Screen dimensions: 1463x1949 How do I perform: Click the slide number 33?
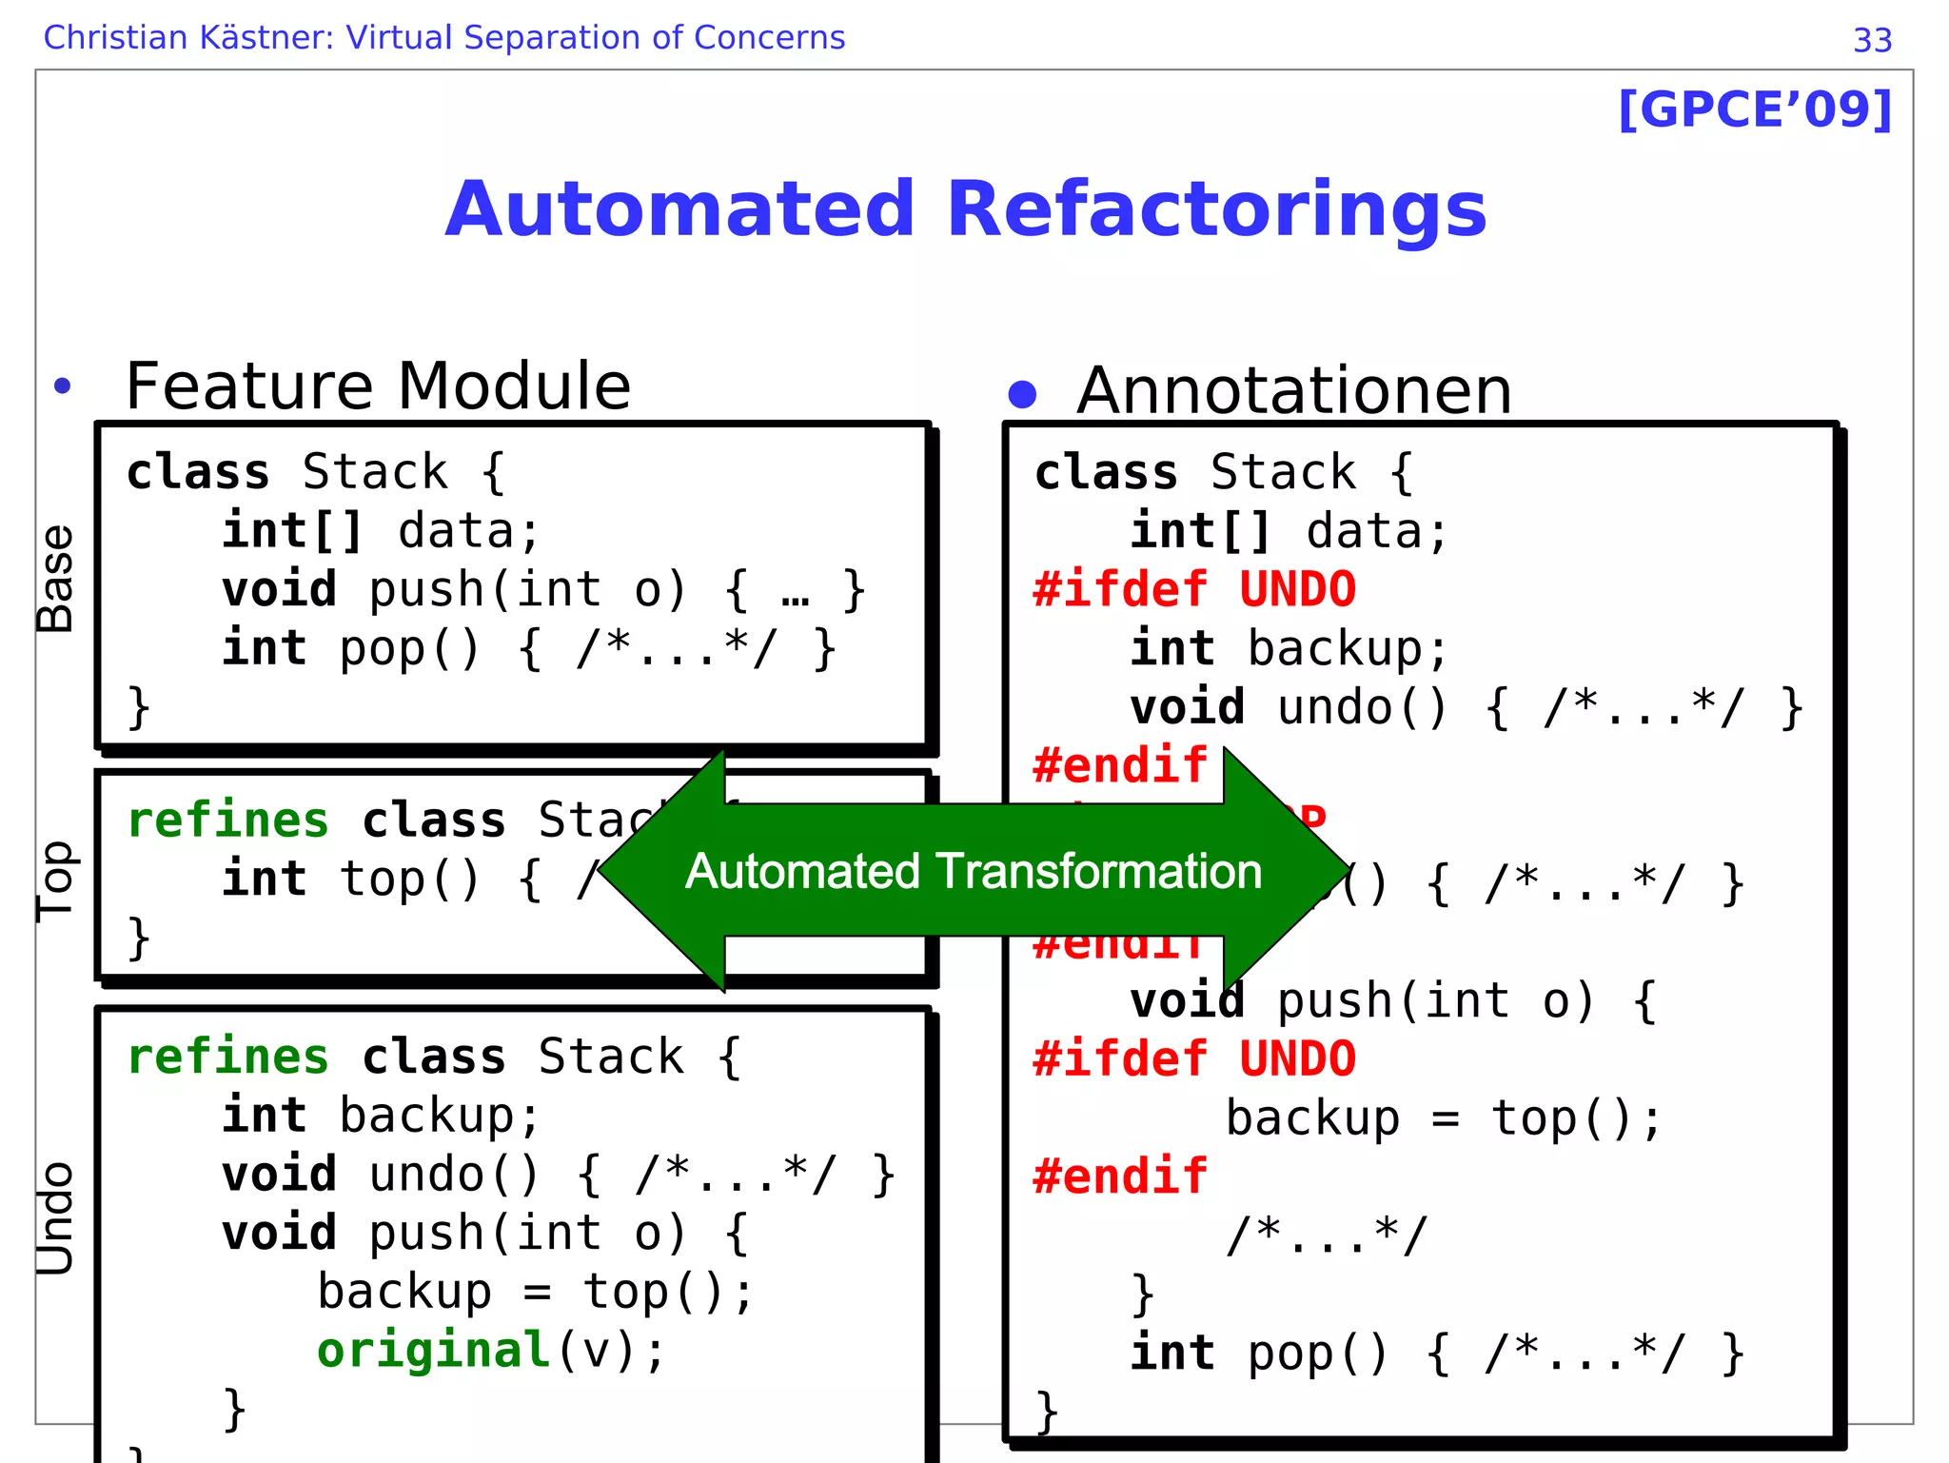(x=1872, y=41)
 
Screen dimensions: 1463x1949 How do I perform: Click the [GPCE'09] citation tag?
(x=1755, y=110)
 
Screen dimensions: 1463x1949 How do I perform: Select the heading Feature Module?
(x=378, y=386)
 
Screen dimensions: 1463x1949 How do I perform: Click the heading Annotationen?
(x=1293, y=391)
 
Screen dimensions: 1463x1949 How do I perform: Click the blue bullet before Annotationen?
(x=1022, y=394)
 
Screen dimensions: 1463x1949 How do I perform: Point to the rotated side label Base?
(x=55, y=579)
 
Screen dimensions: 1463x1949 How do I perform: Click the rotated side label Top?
(x=55, y=880)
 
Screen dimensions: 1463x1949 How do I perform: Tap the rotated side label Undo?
(x=55, y=1217)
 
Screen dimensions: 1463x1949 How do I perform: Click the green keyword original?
(x=433, y=1351)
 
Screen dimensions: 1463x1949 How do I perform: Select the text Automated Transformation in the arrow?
(x=973, y=872)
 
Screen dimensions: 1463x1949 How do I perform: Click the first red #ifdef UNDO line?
(x=1194, y=590)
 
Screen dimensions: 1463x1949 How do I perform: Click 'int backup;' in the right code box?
(x=1289, y=649)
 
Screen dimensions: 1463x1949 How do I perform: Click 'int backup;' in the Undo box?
(x=381, y=1116)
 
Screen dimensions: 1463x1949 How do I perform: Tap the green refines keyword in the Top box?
(x=228, y=820)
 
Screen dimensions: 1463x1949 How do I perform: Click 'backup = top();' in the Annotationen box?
(x=1443, y=1118)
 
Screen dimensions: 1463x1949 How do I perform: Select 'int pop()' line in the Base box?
(x=528, y=649)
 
